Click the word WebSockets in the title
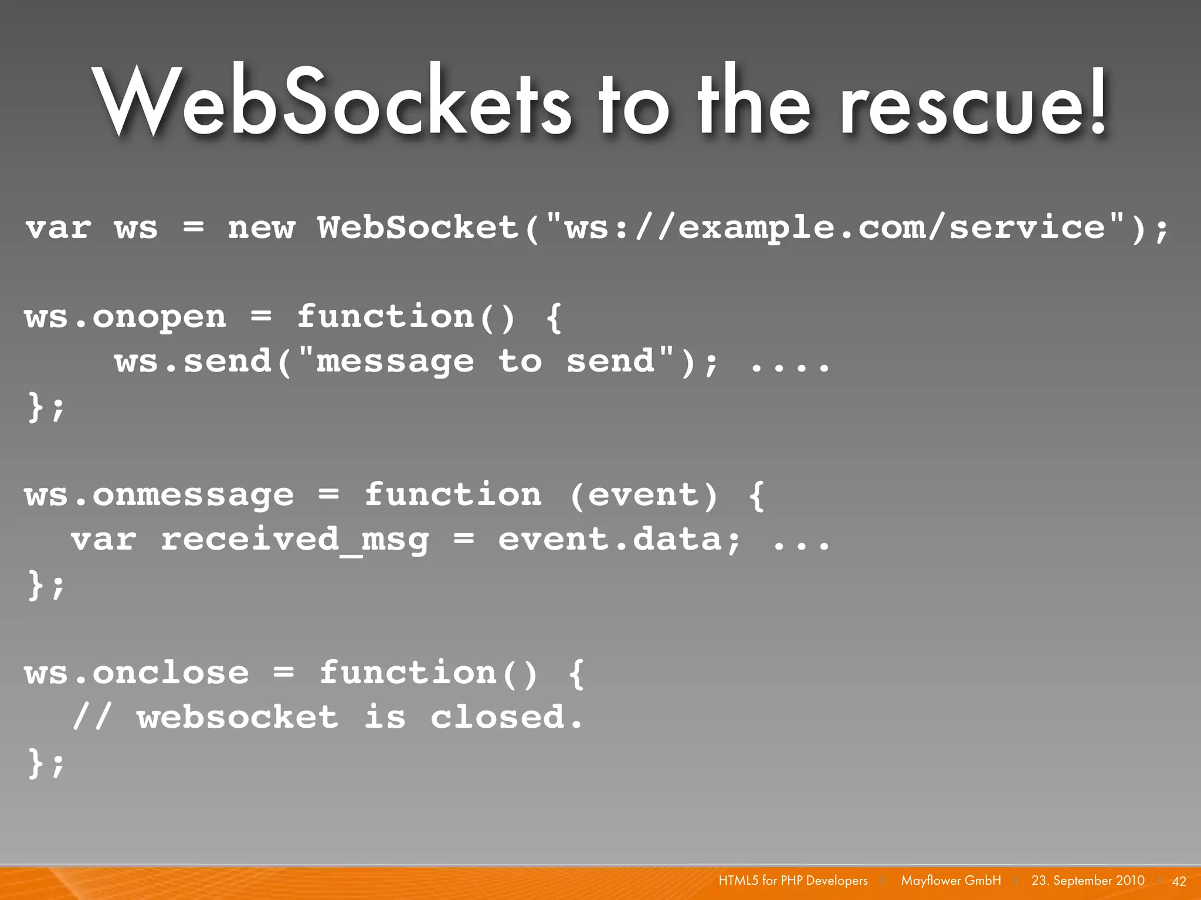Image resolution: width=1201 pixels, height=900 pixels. click(332, 101)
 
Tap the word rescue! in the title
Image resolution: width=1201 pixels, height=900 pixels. click(973, 101)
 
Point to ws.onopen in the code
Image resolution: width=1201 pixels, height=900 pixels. click(125, 317)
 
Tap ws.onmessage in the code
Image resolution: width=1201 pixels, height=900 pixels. click(159, 495)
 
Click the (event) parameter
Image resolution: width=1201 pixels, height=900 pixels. click(643, 495)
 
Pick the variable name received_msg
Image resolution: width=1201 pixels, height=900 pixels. click(294, 540)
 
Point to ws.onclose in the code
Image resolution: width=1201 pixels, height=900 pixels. click(137, 673)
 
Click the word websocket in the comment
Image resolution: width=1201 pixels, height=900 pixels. click(238, 717)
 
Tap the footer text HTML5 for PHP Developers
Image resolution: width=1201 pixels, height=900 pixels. click(793, 881)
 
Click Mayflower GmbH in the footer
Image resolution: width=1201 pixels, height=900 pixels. click(951, 881)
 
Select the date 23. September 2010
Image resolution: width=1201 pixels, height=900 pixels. click(1088, 881)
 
